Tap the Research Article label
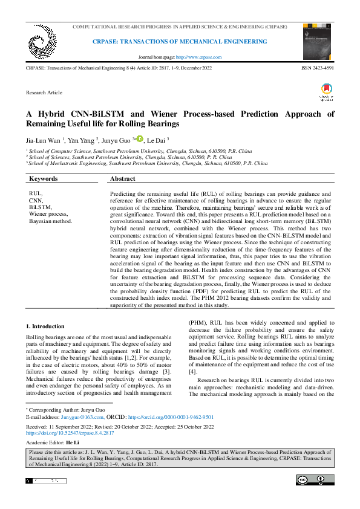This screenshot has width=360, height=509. coord(44,92)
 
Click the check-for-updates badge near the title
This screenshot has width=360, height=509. coord(327,91)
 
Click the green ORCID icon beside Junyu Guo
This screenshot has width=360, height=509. coord(139,139)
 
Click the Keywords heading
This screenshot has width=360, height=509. coord(44,179)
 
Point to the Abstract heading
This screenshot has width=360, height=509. coord(122,179)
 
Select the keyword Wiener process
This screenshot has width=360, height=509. coord(48,214)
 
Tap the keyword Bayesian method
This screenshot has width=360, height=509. coord(50,221)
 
